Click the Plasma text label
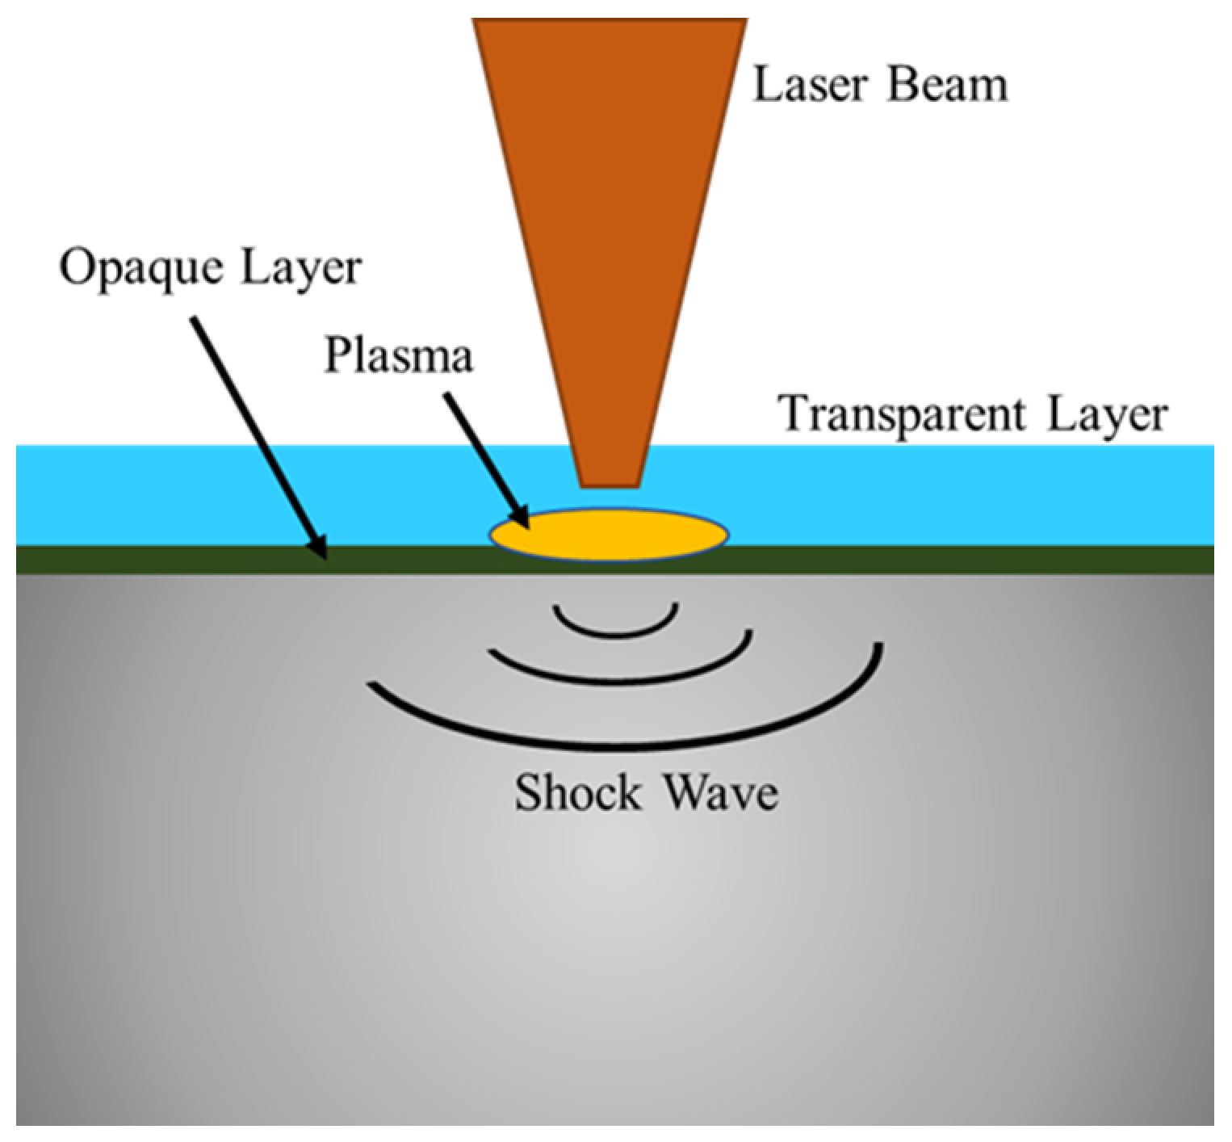pos(398,356)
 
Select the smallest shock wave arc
pos(615,630)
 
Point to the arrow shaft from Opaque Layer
pos(254,428)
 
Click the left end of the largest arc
pos(372,686)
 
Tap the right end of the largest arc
pos(878,646)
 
